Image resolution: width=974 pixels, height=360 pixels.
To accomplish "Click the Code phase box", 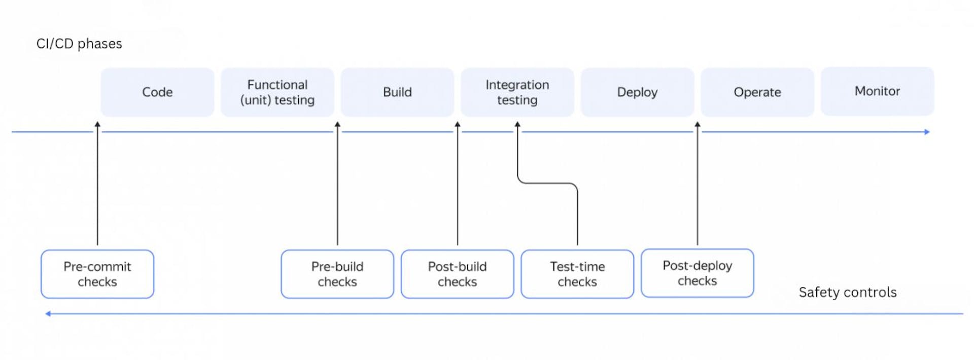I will pyautogui.click(x=157, y=92).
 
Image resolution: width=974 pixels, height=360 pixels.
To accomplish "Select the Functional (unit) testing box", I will pyautogui.click(x=277, y=92).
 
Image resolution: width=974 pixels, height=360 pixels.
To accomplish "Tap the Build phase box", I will pyautogui.click(x=397, y=92).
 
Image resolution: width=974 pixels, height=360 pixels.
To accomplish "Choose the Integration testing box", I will pyautogui.click(x=517, y=92).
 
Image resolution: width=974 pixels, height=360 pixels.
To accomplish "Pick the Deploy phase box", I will pyautogui.click(x=637, y=92).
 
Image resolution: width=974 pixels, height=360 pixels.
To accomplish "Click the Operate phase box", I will pyautogui.click(x=757, y=92).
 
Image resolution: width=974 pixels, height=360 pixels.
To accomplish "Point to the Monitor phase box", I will pyautogui.click(x=877, y=91).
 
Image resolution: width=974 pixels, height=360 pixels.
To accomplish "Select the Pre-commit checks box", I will pyautogui.click(x=97, y=274).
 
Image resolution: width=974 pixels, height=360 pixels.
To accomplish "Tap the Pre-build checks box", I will pyautogui.click(x=337, y=274).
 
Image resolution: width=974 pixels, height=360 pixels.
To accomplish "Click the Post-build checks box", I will pyautogui.click(x=457, y=274).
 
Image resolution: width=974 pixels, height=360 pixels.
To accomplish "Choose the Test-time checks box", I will pyautogui.click(x=577, y=274).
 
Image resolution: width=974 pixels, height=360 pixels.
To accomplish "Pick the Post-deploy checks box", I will pyautogui.click(x=697, y=273).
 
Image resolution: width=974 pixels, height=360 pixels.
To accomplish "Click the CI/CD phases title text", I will pyautogui.click(x=79, y=44).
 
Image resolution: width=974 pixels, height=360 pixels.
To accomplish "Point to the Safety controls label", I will pyautogui.click(x=847, y=292).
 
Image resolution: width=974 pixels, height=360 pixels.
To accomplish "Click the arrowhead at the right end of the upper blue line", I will pyautogui.click(x=927, y=132).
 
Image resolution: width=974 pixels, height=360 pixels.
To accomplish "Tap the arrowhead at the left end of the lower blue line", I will pyautogui.click(x=48, y=314).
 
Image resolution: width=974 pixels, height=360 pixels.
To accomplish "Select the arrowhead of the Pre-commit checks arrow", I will pyautogui.click(x=97, y=124).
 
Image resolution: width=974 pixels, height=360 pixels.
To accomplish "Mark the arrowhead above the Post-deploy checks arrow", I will pyautogui.click(x=698, y=124).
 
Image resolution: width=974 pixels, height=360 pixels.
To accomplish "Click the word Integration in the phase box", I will pyautogui.click(x=517, y=85).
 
